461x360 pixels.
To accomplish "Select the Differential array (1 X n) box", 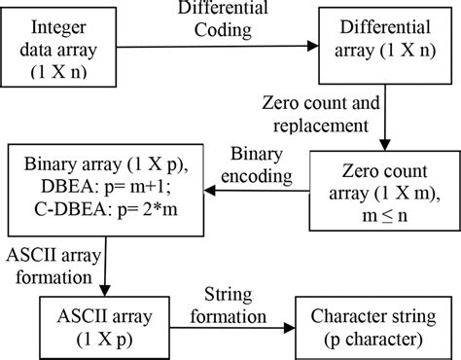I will (383, 45).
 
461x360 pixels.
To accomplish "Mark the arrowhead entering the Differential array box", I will (315, 45).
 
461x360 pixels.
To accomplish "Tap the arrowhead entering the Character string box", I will (297, 322).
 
